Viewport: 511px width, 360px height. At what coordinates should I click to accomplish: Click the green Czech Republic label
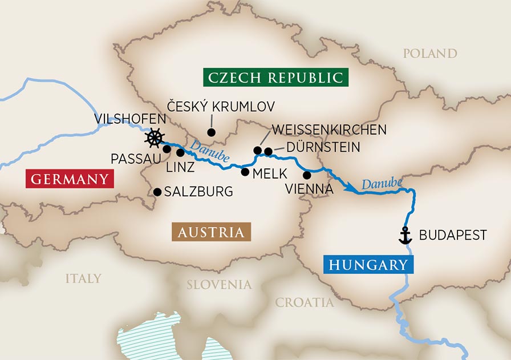tap(275, 77)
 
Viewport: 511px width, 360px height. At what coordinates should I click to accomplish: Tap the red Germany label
tap(69, 179)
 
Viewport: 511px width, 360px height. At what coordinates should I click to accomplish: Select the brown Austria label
tap(211, 232)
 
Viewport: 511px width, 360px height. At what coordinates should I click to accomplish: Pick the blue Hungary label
tap(368, 264)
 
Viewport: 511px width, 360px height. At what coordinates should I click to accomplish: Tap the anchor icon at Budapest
tap(404, 236)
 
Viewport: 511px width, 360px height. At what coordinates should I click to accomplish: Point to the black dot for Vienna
tap(307, 175)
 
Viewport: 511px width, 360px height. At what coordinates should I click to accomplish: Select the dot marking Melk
tap(245, 171)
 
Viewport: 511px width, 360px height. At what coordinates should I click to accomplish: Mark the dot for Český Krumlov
tap(211, 132)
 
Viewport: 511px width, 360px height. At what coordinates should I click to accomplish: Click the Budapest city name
tap(453, 235)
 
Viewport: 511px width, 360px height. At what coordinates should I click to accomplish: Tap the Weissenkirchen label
tap(329, 130)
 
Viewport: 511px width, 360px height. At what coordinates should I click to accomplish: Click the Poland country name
tap(430, 54)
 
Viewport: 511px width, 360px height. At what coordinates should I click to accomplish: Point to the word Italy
tap(83, 278)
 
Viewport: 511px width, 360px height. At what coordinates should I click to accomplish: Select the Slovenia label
tap(219, 284)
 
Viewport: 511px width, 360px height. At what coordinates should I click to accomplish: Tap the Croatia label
tap(305, 302)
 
